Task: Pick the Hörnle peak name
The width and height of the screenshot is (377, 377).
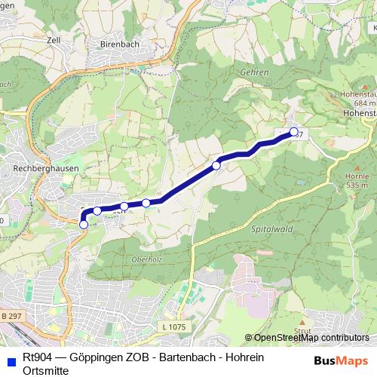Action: pyautogui.click(x=357, y=175)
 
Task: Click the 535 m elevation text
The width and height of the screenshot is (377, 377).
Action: pyautogui.click(x=357, y=184)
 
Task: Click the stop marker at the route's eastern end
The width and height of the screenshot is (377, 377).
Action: pyautogui.click(x=293, y=133)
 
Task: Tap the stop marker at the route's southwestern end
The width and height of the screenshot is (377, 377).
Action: pyautogui.click(x=83, y=224)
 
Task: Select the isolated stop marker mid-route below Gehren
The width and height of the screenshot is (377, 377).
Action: pyautogui.click(x=216, y=165)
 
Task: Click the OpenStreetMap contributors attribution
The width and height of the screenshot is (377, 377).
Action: pyautogui.click(x=307, y=338)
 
